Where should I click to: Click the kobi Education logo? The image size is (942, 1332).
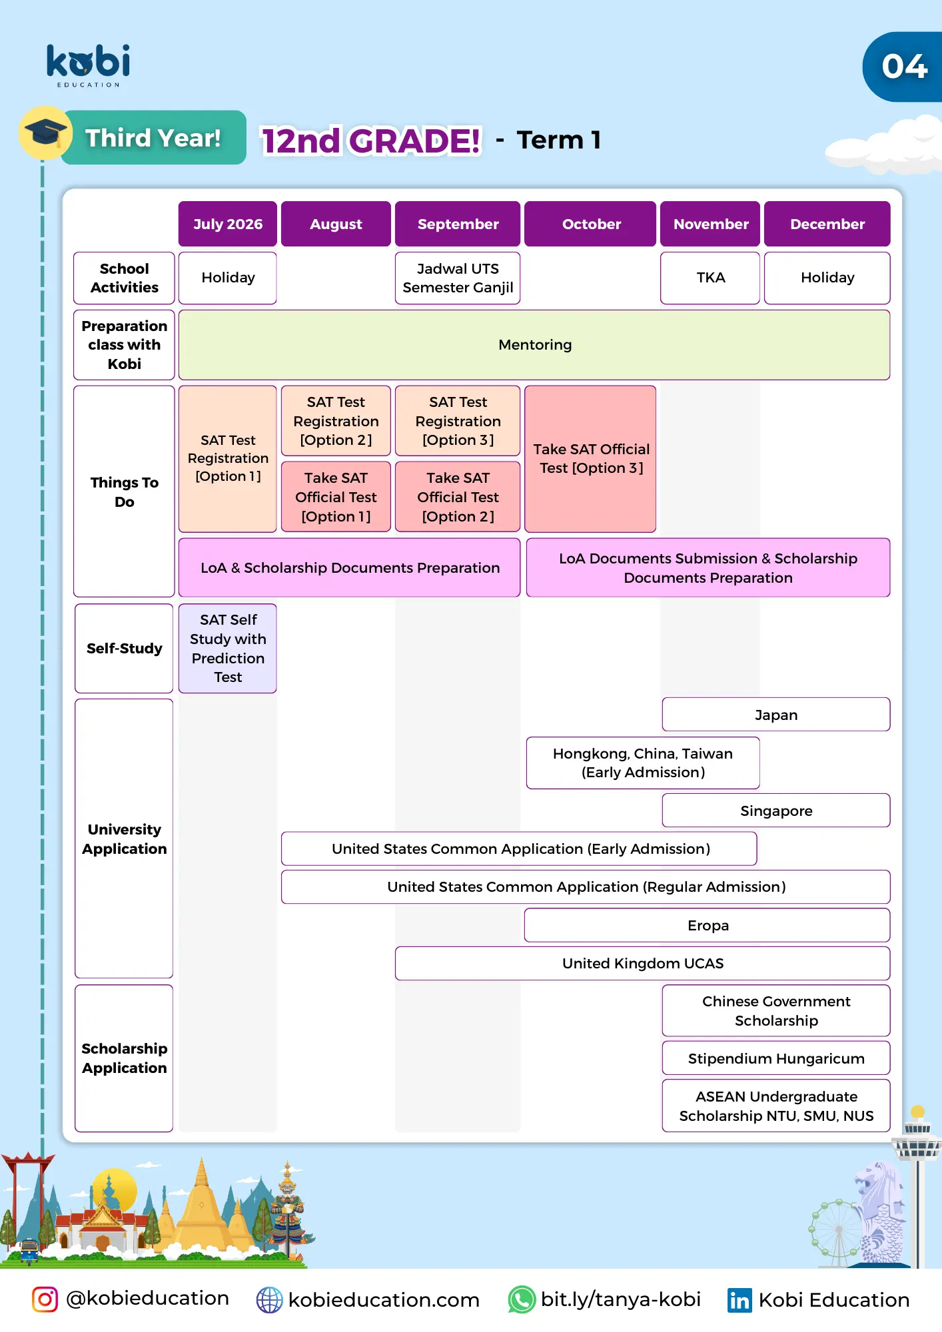click(x=88, y=65)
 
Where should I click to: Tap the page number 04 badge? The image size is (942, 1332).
click(x=904, y=67)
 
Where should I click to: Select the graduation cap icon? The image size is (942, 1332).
click(x=45, y=132)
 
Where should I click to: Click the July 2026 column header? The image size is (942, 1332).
click(x=228, y=224)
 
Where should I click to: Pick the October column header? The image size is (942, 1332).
click(x=591, y=224)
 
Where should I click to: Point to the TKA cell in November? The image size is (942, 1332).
click(x=710, y=278)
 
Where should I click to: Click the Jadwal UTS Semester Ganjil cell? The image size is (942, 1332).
click(x=458, y=278)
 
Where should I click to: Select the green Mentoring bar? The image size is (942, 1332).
click(x=534, y=344)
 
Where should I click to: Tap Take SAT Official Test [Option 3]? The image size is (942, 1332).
click(x=591, y=459)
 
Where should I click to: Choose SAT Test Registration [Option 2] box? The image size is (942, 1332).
click(x=336, y=421)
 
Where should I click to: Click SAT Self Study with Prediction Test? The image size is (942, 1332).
click(x=228, y=648)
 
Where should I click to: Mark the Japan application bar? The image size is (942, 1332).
click(x=776, y=715)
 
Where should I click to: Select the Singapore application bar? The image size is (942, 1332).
click(x=776, y=811)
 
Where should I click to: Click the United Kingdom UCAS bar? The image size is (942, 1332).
click(x=642, y=963)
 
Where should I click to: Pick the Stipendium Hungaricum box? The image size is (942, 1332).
click(x=776, y=1058)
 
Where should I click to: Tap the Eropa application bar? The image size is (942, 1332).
click(x=707, y=925)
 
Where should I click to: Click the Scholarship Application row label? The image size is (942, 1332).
click(x=125, y=1058)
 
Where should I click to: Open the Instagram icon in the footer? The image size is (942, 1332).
click(x=45, y=1299)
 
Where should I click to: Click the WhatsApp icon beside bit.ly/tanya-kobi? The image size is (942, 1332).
click(x=522, y=1299)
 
